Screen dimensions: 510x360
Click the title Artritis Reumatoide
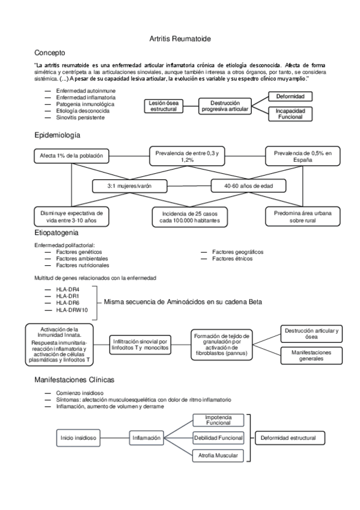180,38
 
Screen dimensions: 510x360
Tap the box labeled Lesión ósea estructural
163,106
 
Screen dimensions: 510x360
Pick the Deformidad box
290,96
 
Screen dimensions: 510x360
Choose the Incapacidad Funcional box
290,114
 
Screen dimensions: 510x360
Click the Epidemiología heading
57,135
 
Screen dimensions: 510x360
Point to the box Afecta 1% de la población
72,156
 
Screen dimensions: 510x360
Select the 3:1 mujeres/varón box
129,186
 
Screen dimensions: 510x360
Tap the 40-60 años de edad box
248,186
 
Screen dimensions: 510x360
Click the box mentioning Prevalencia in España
302,156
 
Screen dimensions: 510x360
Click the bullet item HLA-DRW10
72,310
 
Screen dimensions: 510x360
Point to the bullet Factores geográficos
237,252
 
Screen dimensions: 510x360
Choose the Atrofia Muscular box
218,456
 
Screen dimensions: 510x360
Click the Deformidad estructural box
288,438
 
